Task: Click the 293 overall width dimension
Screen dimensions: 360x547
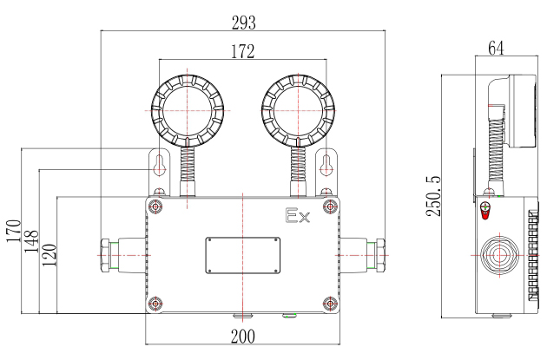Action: tap(244, 19)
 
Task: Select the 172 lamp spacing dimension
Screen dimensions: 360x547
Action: tap(243, 51)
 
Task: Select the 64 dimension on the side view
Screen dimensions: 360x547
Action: tap(497, 49)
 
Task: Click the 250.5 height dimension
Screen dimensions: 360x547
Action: tap(434, 195)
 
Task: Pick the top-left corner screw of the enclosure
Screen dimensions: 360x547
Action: tap(155, 207)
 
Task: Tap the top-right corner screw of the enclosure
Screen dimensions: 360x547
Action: tap(330, 207)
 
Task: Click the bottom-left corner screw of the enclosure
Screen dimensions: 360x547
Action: tap(155, 303)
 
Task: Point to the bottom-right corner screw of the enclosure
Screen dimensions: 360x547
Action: tap(330, 303)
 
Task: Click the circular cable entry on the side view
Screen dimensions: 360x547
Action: tap(498, 256)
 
